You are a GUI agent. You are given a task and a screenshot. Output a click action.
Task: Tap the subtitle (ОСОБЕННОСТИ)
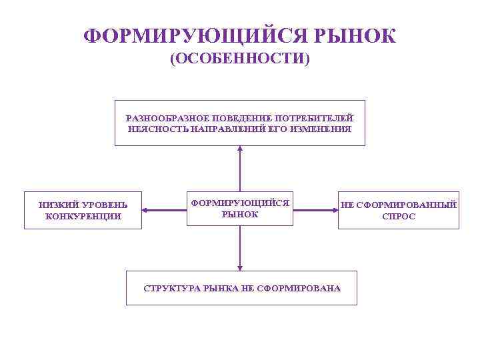click(240, 59)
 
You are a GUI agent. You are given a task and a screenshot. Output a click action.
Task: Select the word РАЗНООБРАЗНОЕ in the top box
click(159, 118)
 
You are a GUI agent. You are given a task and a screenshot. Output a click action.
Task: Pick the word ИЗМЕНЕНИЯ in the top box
click(325, 128)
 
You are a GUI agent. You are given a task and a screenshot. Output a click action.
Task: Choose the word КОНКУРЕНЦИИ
click(83, 216)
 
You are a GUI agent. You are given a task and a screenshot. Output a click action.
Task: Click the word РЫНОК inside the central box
click(239, 214)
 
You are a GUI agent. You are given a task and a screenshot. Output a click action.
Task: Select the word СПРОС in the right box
click(399, 216)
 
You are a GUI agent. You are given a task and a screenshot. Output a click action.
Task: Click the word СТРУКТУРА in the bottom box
click(169, 289)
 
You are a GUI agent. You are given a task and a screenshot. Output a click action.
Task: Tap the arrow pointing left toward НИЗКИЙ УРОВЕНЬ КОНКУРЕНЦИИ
click(148, 211)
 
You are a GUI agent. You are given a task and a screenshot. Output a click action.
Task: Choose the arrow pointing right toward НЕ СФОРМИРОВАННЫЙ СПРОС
click(333, 211)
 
